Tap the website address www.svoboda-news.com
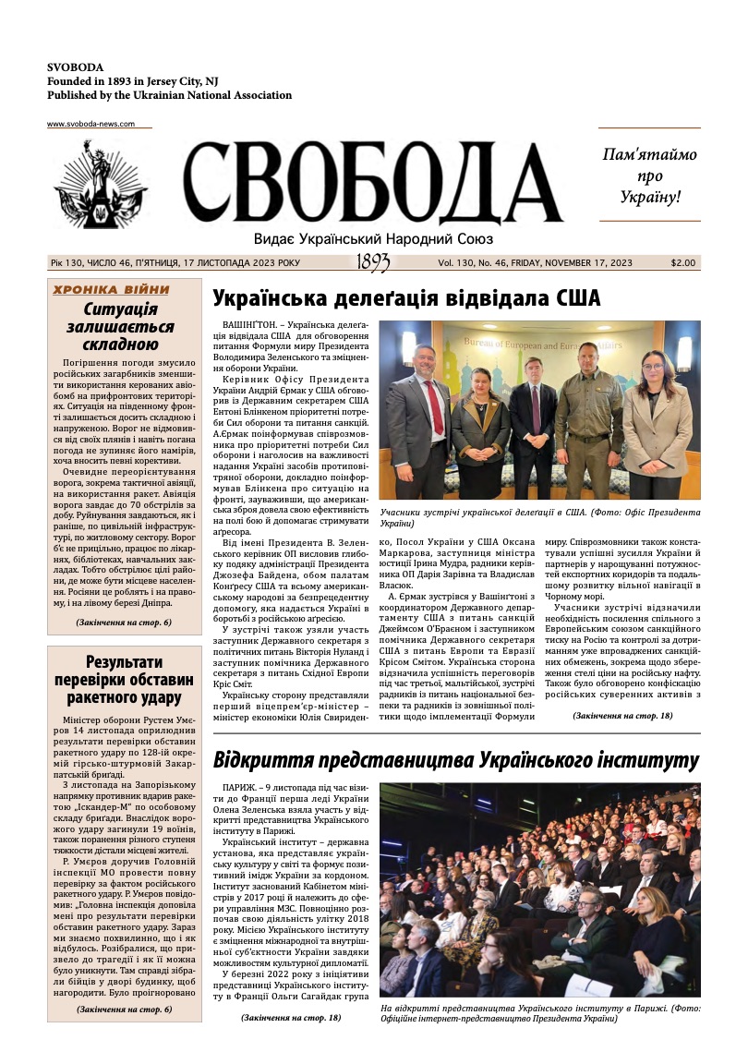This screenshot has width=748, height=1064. pyautogui.click(x=90, y=124)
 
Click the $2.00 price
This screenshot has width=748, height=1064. pyautogui.click(x=683, y=263)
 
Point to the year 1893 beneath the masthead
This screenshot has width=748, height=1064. pyautogui.click(x=373, y=264)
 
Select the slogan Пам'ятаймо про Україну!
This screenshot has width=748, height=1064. pyautogui.click(x=649, y=175)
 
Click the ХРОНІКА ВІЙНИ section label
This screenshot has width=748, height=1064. pyautogui.click(x=112, y=289)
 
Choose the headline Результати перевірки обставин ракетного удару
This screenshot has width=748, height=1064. pyautogui.click(x=125, y=679)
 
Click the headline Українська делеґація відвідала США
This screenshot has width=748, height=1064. pyautogui.click(x=406, y=298)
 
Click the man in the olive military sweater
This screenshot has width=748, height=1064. pyautogui.click(x=588, y=416)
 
